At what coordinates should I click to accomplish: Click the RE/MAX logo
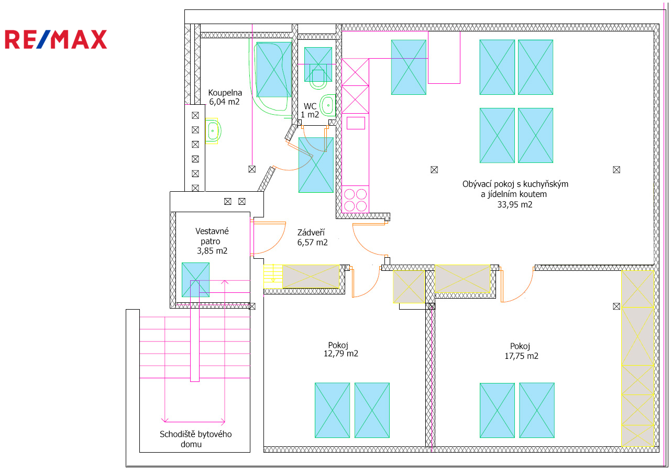coord(56,39)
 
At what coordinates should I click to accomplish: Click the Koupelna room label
coord(225,93)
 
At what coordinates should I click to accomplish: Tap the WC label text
coord(310,106)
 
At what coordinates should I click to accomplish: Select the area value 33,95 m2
coord(515,205)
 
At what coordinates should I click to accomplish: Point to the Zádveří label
coord(311,233)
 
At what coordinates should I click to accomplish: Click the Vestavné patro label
coord(212,236)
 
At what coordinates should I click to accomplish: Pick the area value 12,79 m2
coord(341,354)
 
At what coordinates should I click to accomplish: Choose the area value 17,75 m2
coord(521,356)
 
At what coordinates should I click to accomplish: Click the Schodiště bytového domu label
coord(195,439)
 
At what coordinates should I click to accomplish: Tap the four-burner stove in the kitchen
coord(355,200)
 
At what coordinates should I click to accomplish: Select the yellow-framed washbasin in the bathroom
coord(213,131)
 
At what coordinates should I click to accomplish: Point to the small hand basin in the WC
coord(327,105)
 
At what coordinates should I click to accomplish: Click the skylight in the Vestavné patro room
coord(195,280)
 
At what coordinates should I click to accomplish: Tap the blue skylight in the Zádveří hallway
coord(316,165)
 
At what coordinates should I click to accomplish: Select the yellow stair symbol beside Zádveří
coord(273,276)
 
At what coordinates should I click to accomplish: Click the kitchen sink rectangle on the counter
coord(356,123)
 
